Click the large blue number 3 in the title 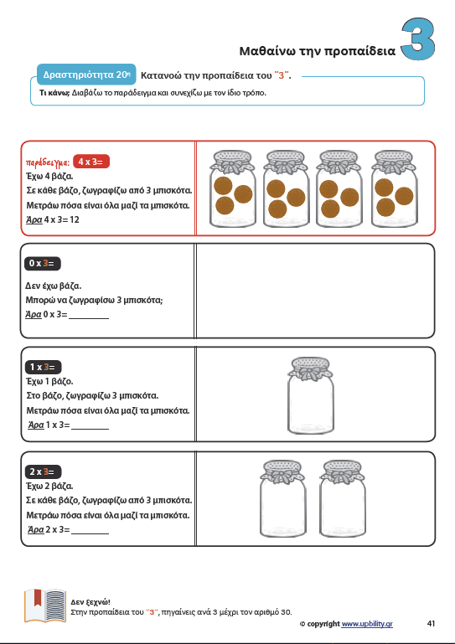418,39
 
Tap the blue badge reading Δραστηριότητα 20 86,75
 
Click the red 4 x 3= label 91,162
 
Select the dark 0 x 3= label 43,263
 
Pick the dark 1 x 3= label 44,367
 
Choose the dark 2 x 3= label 44,471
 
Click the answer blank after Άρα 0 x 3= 89,318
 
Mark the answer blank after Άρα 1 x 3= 90,429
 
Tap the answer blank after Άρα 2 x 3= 90,533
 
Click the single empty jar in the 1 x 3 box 311,396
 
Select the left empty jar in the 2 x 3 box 283,498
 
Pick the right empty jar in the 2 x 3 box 343,498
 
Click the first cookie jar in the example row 233,189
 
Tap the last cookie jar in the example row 394,189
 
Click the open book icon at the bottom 45,605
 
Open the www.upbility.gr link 367,624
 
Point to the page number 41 431,623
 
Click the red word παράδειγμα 48,162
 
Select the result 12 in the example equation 75,219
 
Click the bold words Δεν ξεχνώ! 90,602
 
